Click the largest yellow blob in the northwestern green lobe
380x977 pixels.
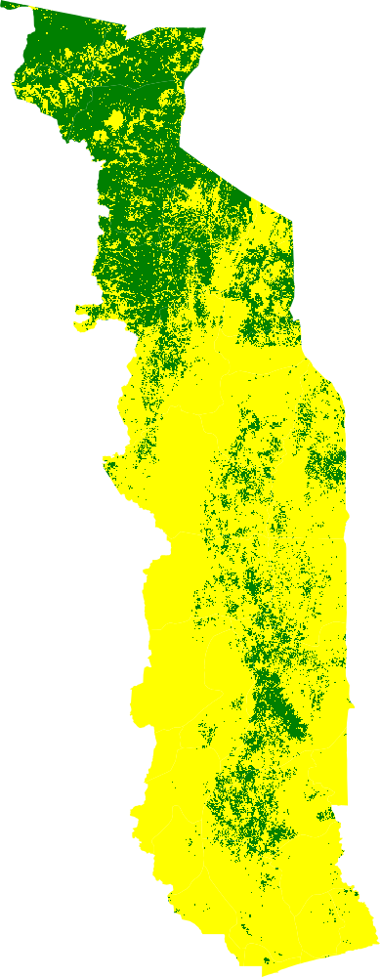[x=114, y=120]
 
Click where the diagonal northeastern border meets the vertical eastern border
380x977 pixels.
[x=292, y=217]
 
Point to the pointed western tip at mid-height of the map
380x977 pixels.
[x=105, y=457]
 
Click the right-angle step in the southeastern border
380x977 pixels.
[x=334, y=807]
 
